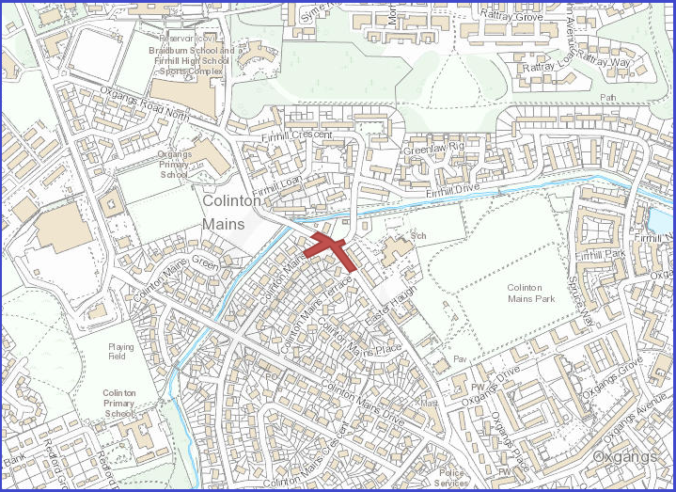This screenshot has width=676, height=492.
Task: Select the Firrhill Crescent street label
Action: (297, 135)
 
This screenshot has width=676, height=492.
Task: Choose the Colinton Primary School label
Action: (119, 403)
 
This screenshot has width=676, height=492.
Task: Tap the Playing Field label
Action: (120, 352)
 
